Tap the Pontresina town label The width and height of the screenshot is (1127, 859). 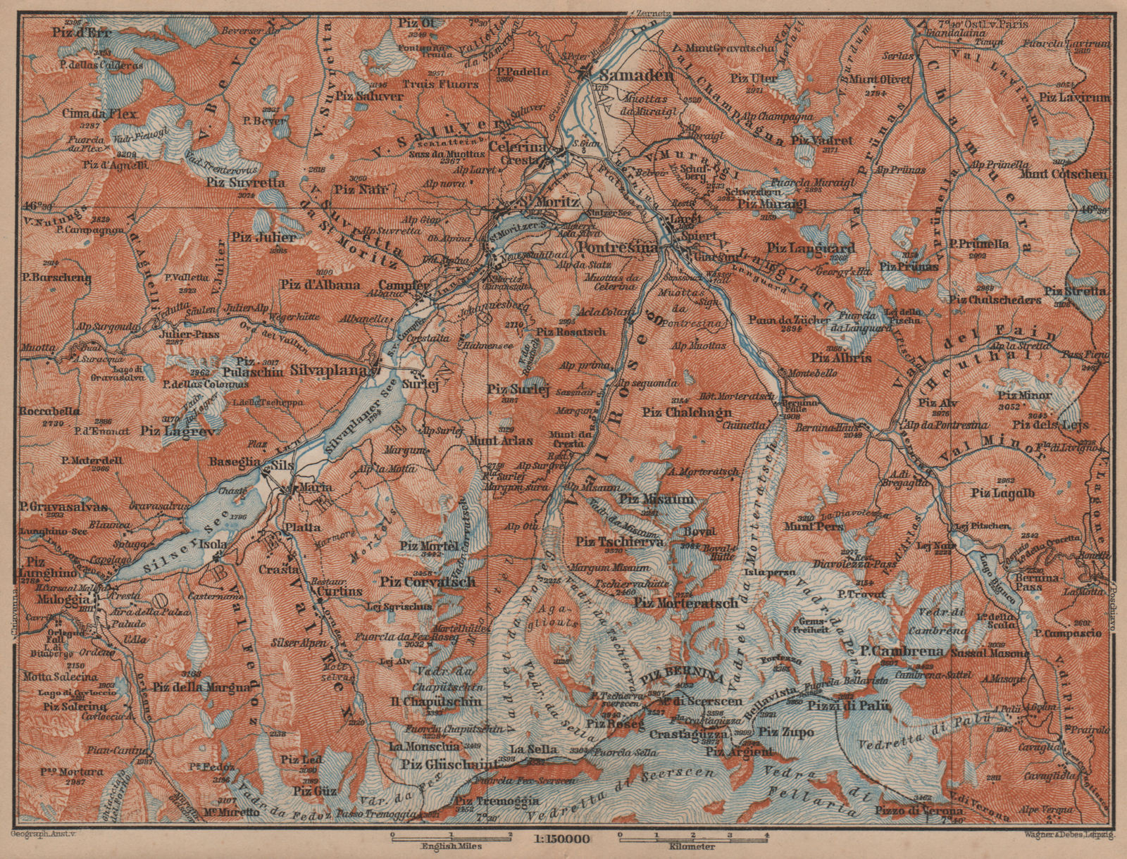[617, 249]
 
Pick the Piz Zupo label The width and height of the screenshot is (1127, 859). [787, 732]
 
